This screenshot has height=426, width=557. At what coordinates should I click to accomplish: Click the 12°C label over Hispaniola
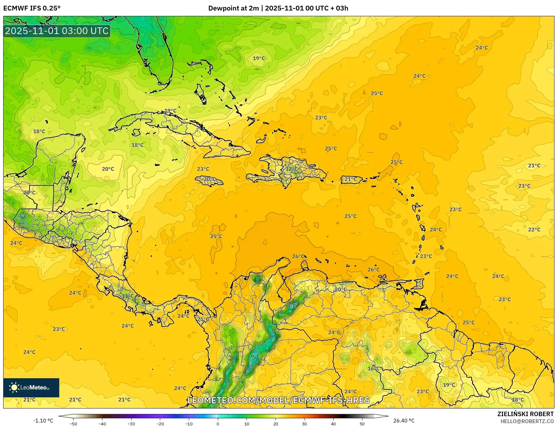(291, 169)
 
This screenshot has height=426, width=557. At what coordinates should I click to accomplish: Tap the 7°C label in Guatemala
(23, 216)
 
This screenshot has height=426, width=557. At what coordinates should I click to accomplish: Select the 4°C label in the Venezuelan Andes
(292, 306)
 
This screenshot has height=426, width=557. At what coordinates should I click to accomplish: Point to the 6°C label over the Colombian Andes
(256, 356)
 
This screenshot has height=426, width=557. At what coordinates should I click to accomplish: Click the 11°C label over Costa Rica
(128, 296)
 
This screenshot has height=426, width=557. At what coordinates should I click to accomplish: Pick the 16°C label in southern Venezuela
(374, 369)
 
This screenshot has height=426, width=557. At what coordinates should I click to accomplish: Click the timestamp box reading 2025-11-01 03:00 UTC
(57, 31)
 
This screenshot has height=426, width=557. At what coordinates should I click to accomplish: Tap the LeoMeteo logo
(31, 387)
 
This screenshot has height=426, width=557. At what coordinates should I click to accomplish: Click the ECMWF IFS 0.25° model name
(32, 8)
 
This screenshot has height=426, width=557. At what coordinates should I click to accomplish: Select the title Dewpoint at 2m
(233, 8)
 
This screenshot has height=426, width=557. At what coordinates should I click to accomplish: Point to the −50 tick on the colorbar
(73, 424)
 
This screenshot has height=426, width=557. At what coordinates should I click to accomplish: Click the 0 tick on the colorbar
(218, 424)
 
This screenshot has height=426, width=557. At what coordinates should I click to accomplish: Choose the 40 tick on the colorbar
(333, 424)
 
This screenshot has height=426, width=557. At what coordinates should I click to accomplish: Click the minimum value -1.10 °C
(43, 421)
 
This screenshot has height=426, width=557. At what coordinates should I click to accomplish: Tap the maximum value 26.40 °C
(404, 421)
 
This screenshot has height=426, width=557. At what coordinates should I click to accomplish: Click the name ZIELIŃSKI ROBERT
(525, 414)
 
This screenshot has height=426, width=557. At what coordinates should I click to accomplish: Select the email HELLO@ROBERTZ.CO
(527, 421)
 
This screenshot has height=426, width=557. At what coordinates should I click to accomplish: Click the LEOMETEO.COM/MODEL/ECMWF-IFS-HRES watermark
(279, 400)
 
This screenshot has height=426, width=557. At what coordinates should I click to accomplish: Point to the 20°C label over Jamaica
(209, 179)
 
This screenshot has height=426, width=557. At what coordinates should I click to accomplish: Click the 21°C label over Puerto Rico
(351, 179)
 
